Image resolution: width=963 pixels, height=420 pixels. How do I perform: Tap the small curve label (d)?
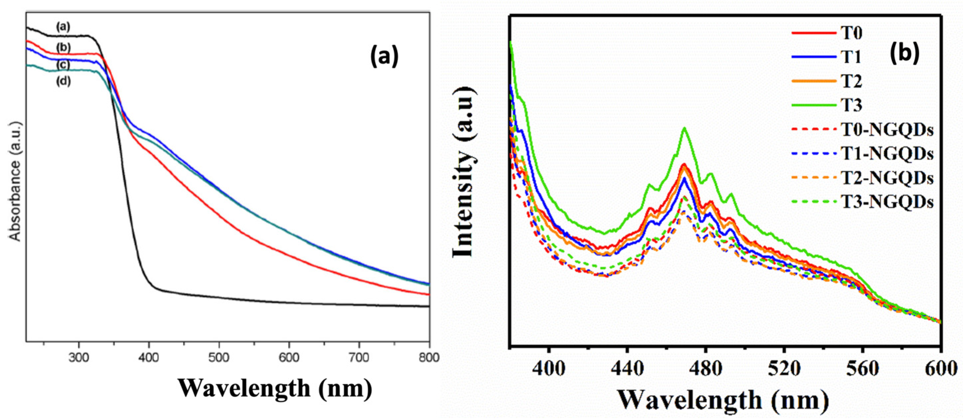pyautogui.click(x=63, y=81)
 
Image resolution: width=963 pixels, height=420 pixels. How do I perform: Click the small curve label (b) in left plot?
pyautogui.click(x=63, y=48)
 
